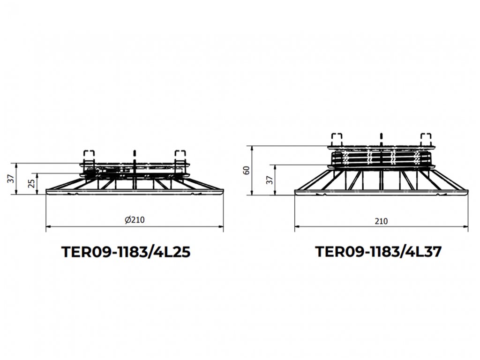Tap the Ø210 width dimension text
click(135, 220)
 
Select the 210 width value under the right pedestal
click(382, 221)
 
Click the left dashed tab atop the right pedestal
click(337, 139)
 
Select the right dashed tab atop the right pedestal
click(426, 139)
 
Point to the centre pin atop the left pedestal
click(135, 153)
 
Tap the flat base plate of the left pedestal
click(135, 191)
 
